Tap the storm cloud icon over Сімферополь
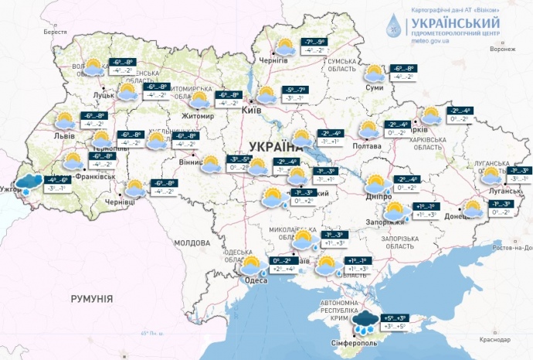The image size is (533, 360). [365, 321]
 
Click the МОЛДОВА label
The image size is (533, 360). [192, 243]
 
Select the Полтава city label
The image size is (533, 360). [366, 145]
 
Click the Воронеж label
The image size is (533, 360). [502, 49]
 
